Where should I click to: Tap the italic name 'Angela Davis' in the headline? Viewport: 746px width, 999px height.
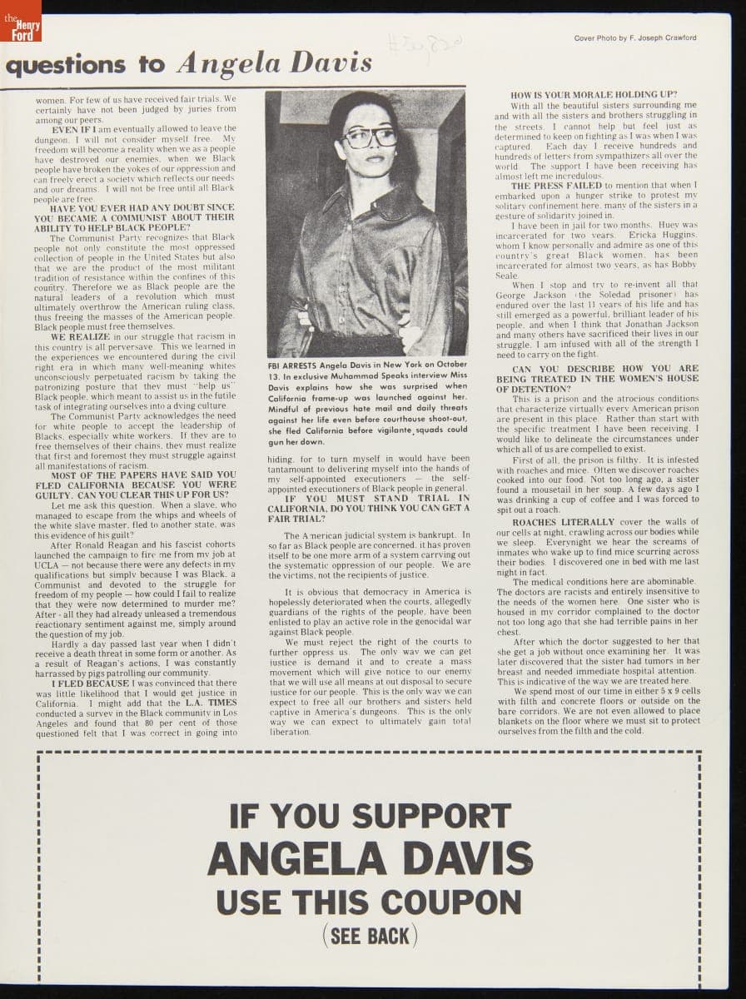tap(274, 62)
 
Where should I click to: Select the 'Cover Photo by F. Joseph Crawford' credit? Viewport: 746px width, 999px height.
tap(635, 38)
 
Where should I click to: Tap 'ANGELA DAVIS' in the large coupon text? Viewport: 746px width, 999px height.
tap(370, 857)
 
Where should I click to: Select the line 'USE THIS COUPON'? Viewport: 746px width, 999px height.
tap(370, 901)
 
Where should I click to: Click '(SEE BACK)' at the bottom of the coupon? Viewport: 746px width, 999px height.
tap(370, 936)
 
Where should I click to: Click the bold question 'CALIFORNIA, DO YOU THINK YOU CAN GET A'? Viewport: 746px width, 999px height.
tap(369, 508)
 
